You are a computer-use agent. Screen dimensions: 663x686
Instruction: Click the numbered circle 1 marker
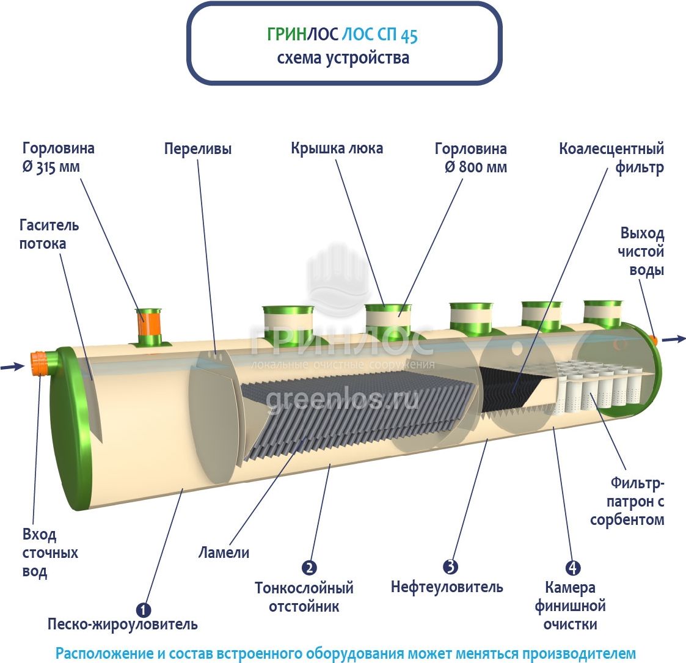[x=144, y=610]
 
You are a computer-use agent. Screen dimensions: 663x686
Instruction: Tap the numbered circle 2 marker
[x=310, y=568]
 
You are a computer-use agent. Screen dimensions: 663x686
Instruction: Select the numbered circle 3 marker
[x=450, y=566]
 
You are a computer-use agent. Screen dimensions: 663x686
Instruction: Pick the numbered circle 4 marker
[x=572, y=568]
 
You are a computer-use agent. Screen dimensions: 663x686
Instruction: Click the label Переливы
[x=198, y=149]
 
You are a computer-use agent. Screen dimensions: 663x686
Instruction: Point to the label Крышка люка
[x=337, y=148]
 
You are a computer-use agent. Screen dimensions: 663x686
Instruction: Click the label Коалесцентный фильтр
[x=611, y=158]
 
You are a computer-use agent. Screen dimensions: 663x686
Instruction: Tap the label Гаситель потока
[x=49, y=234]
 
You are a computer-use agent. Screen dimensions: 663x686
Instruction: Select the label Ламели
[x=224, y=552]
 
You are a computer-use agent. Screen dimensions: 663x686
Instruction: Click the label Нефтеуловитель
[x=447, y=587]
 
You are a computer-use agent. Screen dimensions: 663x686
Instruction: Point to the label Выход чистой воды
[x=641, y=251]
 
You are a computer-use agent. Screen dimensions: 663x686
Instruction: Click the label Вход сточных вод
[x=50, y=553]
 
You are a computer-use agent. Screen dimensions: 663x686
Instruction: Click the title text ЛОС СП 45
[x=379, y=35]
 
